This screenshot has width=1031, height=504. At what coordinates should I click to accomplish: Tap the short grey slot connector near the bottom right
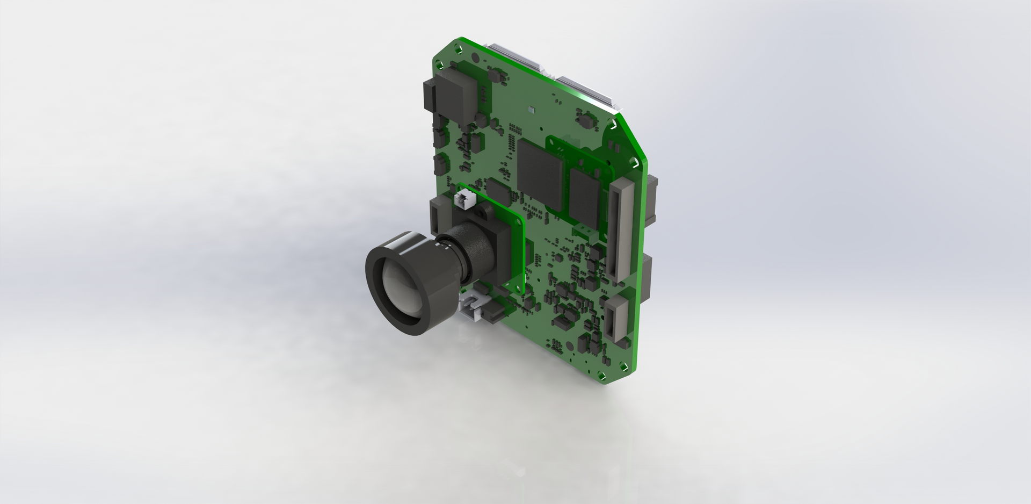(615, 320)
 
